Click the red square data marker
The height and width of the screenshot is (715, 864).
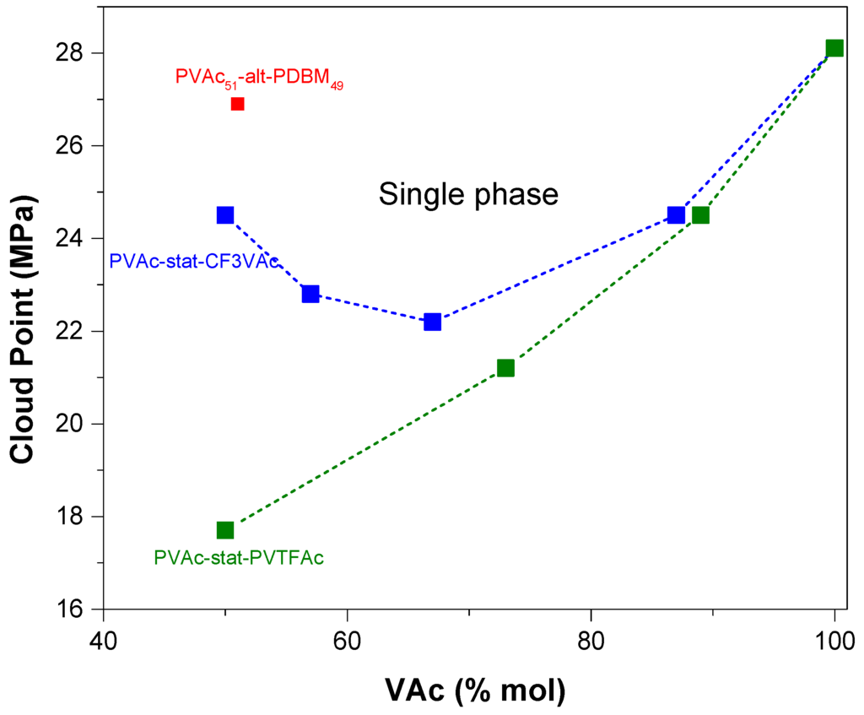coord(237,104)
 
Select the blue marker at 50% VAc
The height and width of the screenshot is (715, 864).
coord(225,215)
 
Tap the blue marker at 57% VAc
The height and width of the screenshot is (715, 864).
coord(310,294)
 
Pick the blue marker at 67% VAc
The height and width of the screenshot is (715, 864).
coord(432,322)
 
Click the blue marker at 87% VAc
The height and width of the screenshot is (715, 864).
coord(676,215)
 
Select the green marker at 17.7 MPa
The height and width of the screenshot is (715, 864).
coord(225,530)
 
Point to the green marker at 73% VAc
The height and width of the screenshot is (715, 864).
coord(505,368)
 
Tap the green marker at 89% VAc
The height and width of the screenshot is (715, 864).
coord(700,215)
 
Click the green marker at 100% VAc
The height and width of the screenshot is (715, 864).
coord(834,48)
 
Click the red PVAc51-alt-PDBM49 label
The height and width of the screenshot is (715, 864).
coord(259,78)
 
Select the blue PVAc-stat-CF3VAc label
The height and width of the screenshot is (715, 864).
coord(194,262)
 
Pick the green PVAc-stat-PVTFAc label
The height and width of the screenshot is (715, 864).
coord(239,558)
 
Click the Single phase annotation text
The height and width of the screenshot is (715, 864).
coord(468,195)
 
